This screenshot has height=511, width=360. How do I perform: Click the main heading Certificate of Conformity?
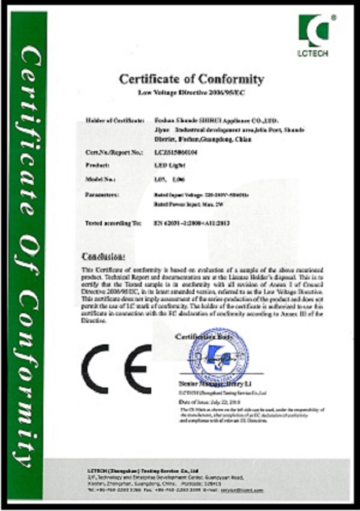(x=192, y=79)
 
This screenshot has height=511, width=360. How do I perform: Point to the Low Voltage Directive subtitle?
(x=192, y=92)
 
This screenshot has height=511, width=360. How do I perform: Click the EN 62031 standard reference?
(x=191, y=223)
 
